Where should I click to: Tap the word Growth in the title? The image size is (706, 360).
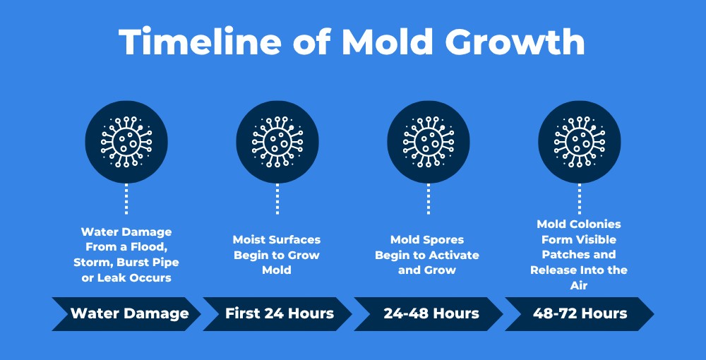(515, 41)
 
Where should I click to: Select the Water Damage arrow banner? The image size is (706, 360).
(126, 313)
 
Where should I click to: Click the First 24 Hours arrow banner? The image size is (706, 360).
(277, 313)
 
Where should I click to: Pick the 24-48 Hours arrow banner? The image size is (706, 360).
(429, 313)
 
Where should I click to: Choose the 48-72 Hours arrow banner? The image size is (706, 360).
(580, 313)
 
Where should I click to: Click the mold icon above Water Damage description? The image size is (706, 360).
(126, 142)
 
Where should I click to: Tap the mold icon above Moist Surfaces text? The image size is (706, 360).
(277, 142)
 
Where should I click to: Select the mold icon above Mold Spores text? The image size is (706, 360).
(429, 142)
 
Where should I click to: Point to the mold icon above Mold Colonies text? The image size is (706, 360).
(580, 142)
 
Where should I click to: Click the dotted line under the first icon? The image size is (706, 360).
(126, 199)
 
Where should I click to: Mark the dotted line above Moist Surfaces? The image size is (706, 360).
(277, 199)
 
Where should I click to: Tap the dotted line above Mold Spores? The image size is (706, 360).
(429, 199)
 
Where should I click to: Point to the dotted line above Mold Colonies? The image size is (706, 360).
(580, 199)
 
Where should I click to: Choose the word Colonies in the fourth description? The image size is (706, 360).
(594, 224)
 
